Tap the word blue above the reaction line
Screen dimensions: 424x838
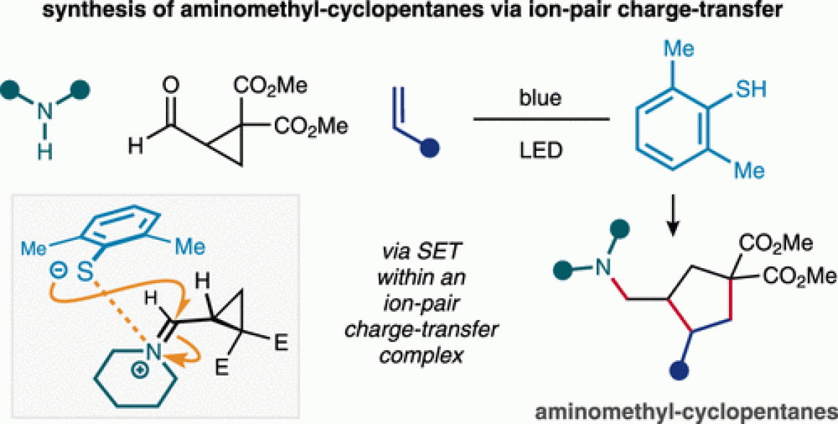tap(540, 97)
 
